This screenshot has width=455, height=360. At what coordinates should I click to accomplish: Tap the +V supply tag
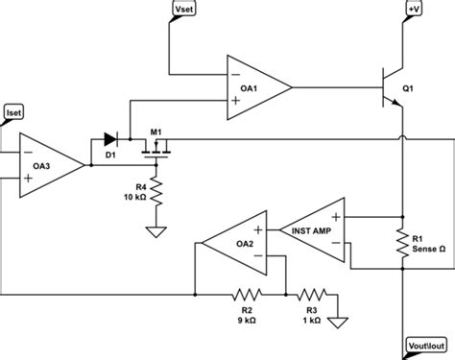(412, 11)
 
